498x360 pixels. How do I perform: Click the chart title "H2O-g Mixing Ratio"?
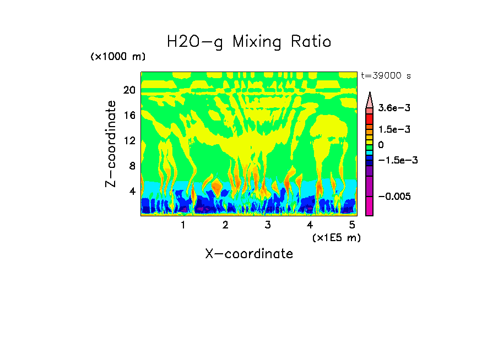click(x=249, y=42)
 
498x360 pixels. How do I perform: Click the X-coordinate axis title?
click(x=249, y=254)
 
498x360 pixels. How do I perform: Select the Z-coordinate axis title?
click(x=111, y=144)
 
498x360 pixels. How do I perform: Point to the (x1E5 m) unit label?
click(x=336, y=237)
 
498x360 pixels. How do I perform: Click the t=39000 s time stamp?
click(x=386, y=76)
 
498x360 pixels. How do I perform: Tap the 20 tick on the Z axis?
click(x=129, y=90)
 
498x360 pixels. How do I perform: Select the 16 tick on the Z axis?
click(x=129, y=116)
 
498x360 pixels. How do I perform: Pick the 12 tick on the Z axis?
click(x=129, y=141)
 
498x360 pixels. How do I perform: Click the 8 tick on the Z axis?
click(x=132, y=166)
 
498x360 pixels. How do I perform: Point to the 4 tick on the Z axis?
click(x=132, y=192)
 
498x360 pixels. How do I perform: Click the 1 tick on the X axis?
click(x=183, y=225)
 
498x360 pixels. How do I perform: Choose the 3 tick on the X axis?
click(x=267, y=225)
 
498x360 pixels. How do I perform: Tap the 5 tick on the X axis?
click(x=352, y=225)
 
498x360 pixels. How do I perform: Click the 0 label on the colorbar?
click(x=381, y=145)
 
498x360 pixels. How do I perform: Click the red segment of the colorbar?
click(x=370, y=118)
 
